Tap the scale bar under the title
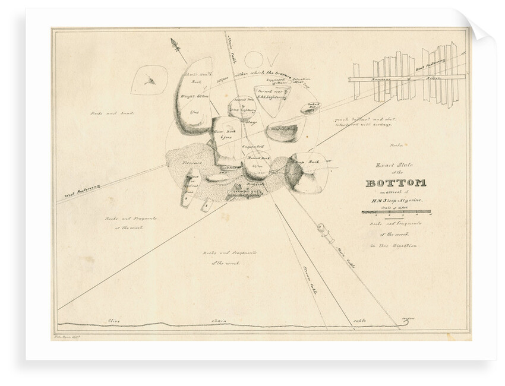point(397,213)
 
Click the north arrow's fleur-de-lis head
point(175,43)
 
